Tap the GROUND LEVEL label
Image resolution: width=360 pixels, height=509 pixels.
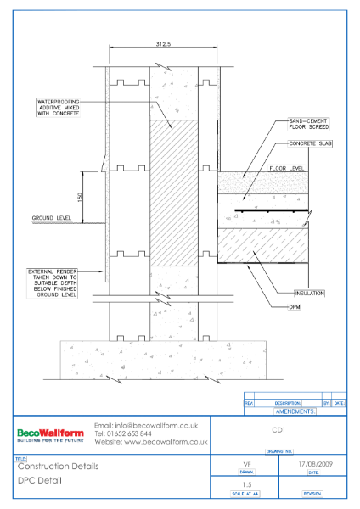[x=48, y=218]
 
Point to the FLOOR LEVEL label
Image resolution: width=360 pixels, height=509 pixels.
[x=287, y=169]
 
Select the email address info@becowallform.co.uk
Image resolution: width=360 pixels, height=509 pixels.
[x=145, y=424]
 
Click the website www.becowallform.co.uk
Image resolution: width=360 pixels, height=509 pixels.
[x=150, y=442]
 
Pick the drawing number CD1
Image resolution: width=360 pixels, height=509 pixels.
[x=278, y=430]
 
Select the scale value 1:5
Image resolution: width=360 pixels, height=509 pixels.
[x=246, y=484]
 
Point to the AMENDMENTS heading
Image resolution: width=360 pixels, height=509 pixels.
[x=295, y=411]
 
